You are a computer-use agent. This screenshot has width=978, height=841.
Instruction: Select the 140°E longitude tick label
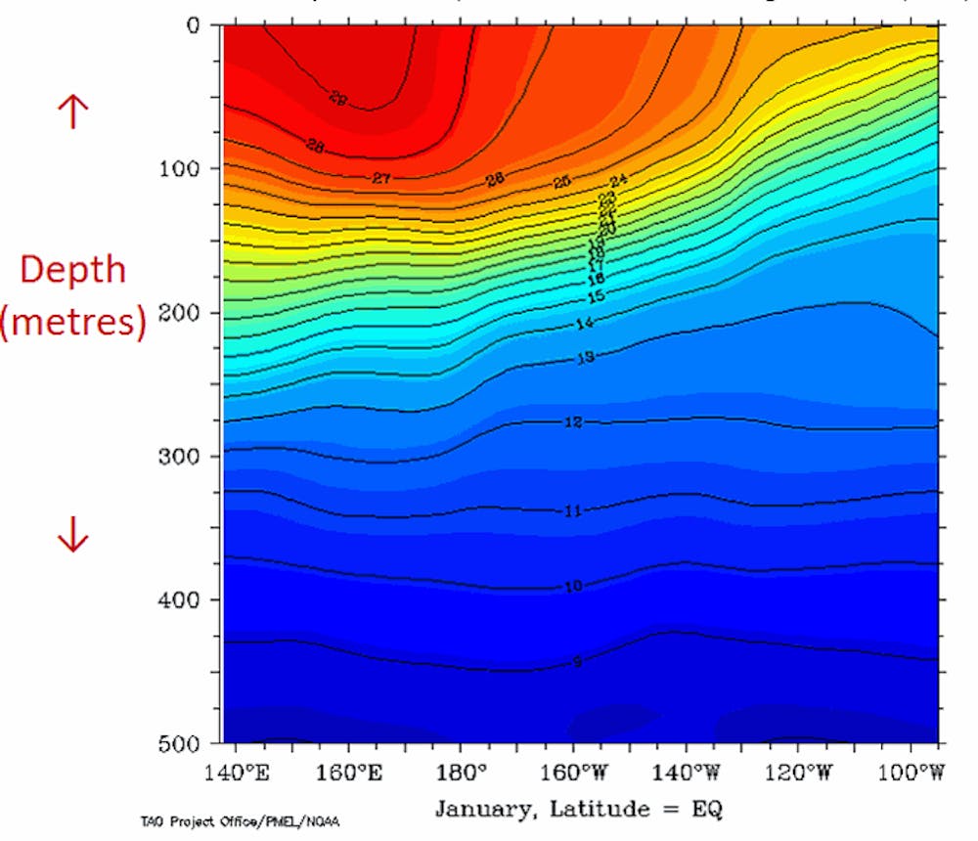238,773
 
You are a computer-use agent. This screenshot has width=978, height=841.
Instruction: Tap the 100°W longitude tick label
911,773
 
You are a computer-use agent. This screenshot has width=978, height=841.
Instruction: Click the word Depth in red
73,269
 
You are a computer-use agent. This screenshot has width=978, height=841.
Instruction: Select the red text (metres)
73,322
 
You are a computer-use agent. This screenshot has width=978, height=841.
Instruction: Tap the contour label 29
338,97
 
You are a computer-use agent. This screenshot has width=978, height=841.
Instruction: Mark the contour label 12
574,422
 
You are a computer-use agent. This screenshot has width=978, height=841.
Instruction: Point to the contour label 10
574,586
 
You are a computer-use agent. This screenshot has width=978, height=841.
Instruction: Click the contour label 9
577,662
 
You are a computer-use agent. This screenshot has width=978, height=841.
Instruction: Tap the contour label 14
585,324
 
